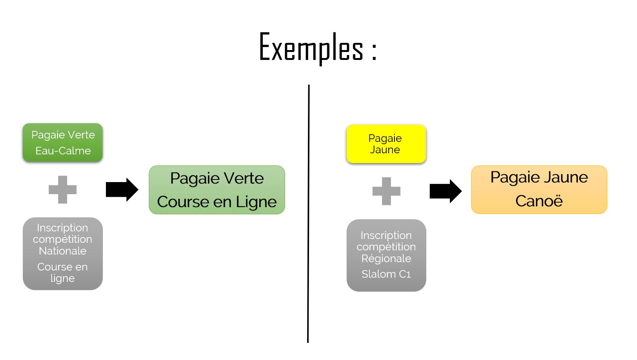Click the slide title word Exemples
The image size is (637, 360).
pyautogui.click(x=311, y=48)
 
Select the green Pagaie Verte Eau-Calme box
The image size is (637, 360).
pyautogui.click(x=63, y=143)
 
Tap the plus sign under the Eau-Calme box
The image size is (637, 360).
pyautogui.click(x=63, y=190)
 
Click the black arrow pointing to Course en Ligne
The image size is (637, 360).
pyautogui.click(x=122, y=189)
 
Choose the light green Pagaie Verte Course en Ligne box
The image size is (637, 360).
pyautogui.click(x=217, y=190)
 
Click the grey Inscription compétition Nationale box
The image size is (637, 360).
pyautogui.click(x=63, y=253)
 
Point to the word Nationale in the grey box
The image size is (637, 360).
pyautogui.click(x=63, y=251)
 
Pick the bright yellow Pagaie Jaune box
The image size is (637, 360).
pyautogui.click(x=386, y=144)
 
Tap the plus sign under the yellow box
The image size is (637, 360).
pyautogui.click(x=386, y=191)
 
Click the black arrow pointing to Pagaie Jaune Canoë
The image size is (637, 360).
pyautogui.click(x=445, y=191)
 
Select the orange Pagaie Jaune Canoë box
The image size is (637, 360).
pyautogui.click(x=539, y=190)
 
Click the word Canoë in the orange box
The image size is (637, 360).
pyautogui.click(x=539, y=201)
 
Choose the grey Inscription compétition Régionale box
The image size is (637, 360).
pyautogui.click(x=386, y=255)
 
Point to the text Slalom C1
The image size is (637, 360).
pyautogui.click(x=386, y=274)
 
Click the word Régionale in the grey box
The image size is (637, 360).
pyautogui.click(x=386, y=259)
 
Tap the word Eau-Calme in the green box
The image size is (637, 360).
pyautogui.click(x=63, y=151)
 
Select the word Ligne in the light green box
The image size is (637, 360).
pyautogui.click(x=256, y=202)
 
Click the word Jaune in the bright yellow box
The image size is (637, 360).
pyautogui.click(x=385, y=150)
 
